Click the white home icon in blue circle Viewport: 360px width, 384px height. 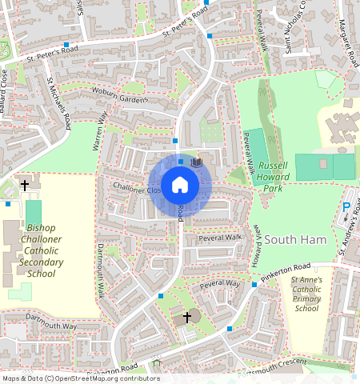[180, 186]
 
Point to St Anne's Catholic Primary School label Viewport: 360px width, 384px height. [306, 294]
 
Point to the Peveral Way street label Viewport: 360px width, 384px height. [220, 283]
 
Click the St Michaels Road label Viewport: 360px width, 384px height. [60, 101]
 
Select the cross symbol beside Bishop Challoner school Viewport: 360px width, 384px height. [25, 186]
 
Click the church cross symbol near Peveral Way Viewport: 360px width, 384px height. [187, 317]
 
